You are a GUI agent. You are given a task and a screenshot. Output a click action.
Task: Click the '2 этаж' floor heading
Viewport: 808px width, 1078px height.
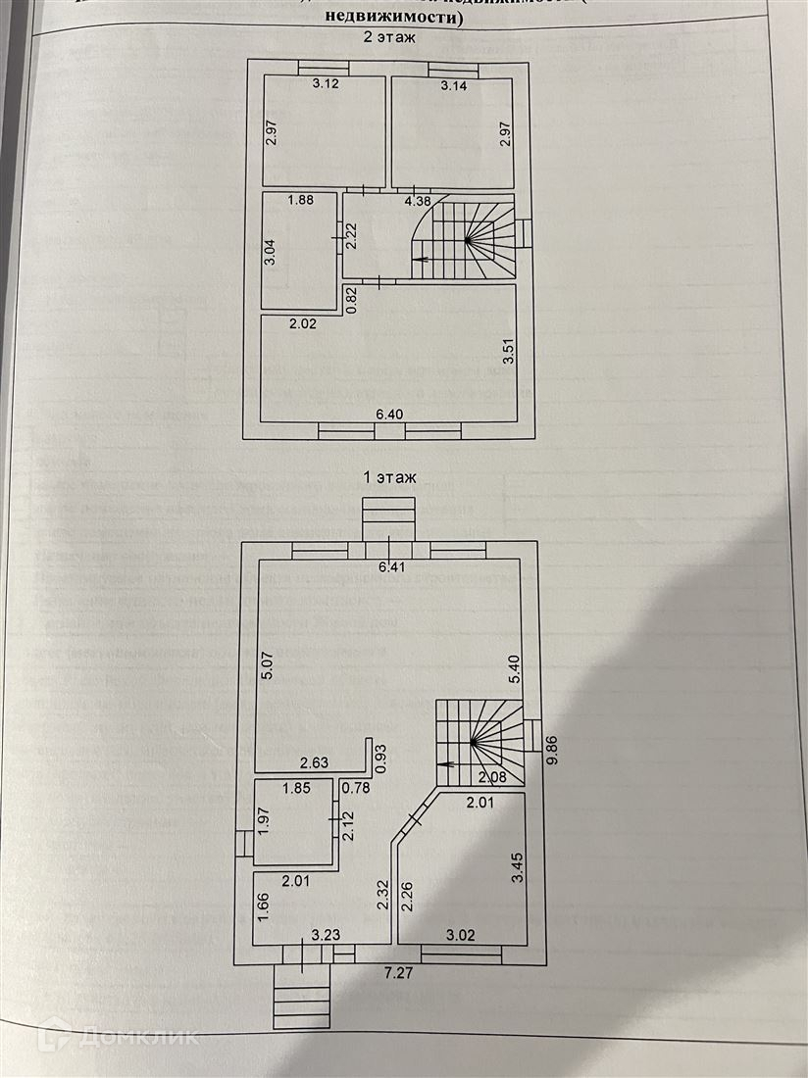(x=390, y=39)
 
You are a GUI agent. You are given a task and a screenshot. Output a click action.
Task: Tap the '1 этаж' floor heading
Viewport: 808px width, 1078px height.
(x=390, y=478)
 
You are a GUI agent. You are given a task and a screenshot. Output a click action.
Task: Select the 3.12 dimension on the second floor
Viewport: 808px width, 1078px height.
(x=326, y=85)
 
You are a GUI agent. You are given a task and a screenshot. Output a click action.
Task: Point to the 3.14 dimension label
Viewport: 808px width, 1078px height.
(x=454, y=86)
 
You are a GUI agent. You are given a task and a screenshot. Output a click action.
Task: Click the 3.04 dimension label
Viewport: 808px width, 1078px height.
(x=269, y=252)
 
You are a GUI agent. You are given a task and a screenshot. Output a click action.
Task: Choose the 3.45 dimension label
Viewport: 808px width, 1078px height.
(x=516, y=869)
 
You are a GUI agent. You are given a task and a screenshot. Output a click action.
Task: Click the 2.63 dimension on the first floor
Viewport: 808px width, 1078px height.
(x=314, y=761)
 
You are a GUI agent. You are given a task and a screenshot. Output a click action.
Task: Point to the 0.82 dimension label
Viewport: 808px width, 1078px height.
(x=350, y=298)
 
